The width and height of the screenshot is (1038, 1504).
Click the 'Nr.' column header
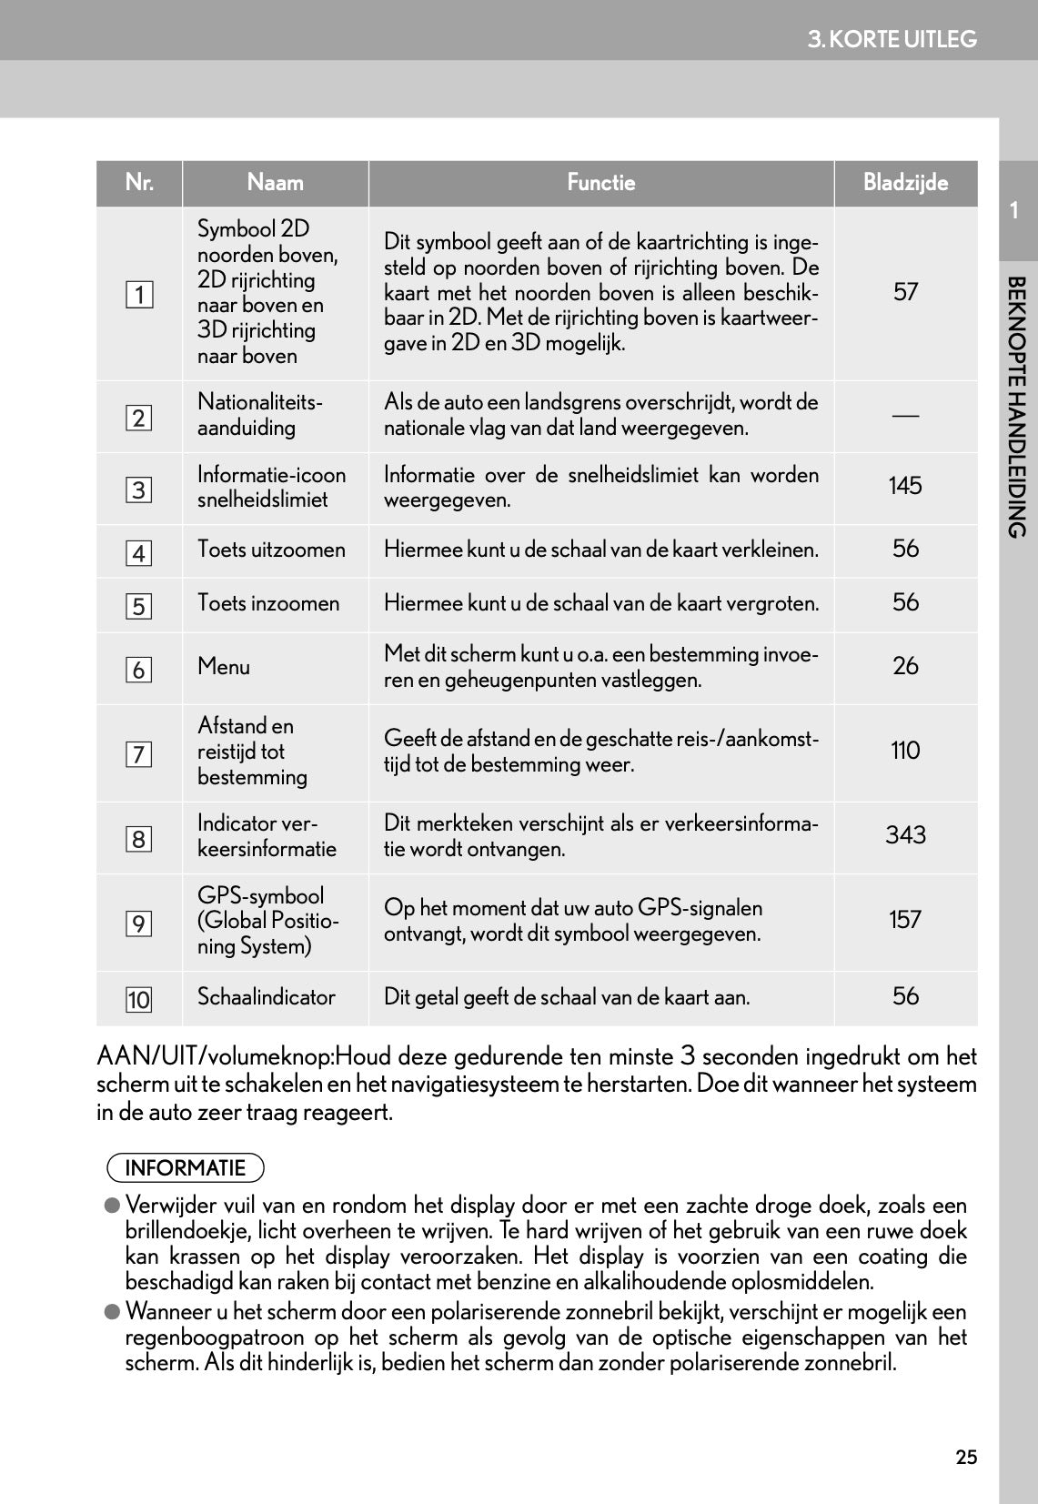[x=139, y=183]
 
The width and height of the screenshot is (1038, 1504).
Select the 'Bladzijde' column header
[x=905, y=183]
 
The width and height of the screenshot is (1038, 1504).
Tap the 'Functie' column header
[x=600, y=183]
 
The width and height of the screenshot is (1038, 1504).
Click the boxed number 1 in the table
[x=139, y=295]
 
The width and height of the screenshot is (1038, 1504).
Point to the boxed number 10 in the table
[x=139, y=1000]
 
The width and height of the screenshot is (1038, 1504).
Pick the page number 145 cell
[x=905, y=486]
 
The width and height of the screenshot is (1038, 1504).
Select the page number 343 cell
[x=905, y=835]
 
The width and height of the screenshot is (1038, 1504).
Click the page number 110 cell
[x=905, y=751]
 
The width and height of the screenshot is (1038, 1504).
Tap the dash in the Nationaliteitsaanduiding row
[x=905, y=415]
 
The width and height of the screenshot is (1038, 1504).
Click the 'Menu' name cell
[x=224, y=667]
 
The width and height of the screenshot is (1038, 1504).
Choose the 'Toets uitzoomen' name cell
[x=271, y=550]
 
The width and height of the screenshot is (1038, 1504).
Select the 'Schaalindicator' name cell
[x=267, y=997]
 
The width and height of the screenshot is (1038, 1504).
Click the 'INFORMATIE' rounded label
[x=186, y=1168]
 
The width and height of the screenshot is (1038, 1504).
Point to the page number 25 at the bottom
[x=966, y=1458]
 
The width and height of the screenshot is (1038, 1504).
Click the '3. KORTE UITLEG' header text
[x=892, y=39]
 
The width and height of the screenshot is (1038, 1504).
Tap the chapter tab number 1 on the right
[x=1015, y=211]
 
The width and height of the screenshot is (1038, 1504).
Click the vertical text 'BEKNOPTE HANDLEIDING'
[x=1017, y=407]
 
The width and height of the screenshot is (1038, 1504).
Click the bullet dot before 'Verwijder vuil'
[x=112, y=1206]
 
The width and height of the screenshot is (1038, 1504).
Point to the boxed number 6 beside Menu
[x=139, y=670]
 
